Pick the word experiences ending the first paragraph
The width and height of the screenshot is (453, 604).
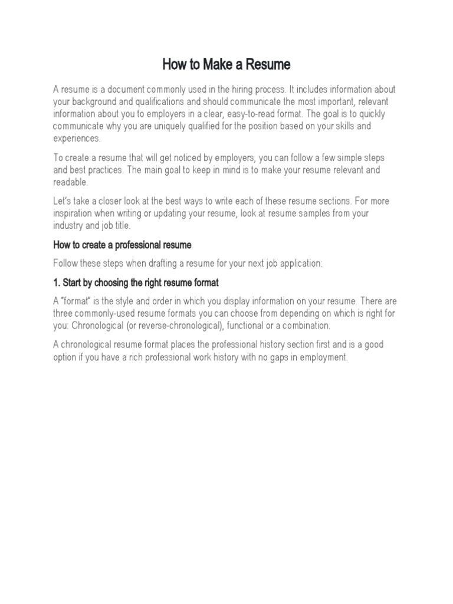tap(77, 139)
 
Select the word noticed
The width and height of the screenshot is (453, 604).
tap(197, 157)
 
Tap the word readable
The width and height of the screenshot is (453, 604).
tap(70, 182)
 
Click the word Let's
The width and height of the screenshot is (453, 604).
tap(63, 201)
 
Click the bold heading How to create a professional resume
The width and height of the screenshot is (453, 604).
tap(123, 245)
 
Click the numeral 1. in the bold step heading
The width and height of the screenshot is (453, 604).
tap(57, 283)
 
